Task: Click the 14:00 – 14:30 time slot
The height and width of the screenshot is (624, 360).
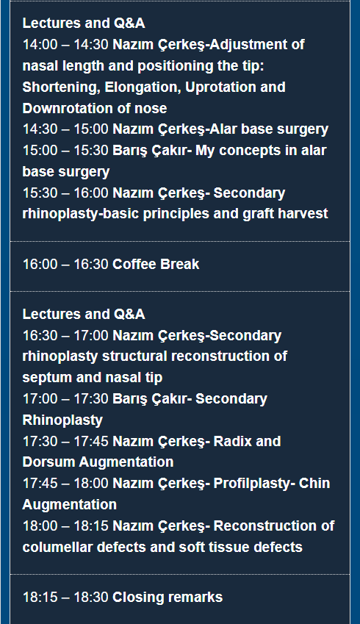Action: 65,45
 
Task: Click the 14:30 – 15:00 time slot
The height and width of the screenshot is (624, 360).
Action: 65,129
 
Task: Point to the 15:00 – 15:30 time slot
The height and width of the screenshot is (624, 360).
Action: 65,151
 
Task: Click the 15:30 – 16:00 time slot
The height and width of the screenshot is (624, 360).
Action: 65,193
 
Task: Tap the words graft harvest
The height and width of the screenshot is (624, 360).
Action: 285,214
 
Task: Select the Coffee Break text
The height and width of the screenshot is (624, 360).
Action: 156,265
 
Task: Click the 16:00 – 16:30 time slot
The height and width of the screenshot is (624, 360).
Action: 65,265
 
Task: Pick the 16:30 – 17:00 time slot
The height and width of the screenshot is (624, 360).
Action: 65,336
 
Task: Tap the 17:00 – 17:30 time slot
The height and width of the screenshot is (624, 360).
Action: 65,399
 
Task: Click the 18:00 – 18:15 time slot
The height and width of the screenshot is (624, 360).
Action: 65,526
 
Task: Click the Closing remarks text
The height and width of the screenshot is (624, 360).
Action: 168,598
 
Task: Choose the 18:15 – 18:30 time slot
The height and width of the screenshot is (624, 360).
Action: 65,598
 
